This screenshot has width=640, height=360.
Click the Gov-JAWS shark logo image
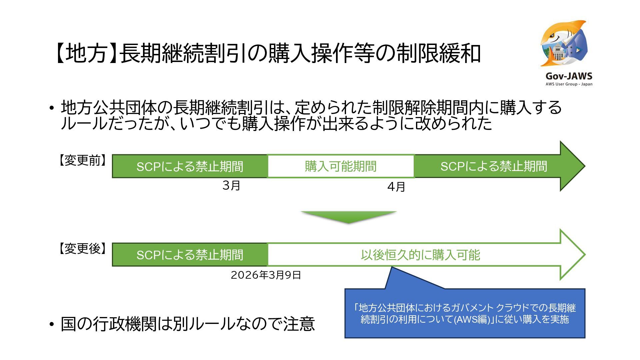point(564,43)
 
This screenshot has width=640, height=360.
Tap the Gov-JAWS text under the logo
point(569,76)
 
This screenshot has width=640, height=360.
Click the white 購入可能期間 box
point(340,166)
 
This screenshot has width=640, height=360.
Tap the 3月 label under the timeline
point(231,185)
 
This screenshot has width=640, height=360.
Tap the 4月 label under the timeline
point(396,187)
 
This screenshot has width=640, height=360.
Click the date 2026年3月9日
point(266,275)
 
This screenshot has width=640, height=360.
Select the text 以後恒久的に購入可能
point(420,255)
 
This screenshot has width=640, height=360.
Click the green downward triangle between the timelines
point(348,217)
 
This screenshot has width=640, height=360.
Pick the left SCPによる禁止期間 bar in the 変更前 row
point(189,166)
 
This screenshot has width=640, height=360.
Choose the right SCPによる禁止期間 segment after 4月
point(493,166)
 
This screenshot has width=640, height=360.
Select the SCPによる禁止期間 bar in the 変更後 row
point(189,255)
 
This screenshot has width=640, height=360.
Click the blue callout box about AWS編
point(465,313)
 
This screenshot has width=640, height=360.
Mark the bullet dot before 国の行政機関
point(51,324)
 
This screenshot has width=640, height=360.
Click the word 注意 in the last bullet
point(299,324)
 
